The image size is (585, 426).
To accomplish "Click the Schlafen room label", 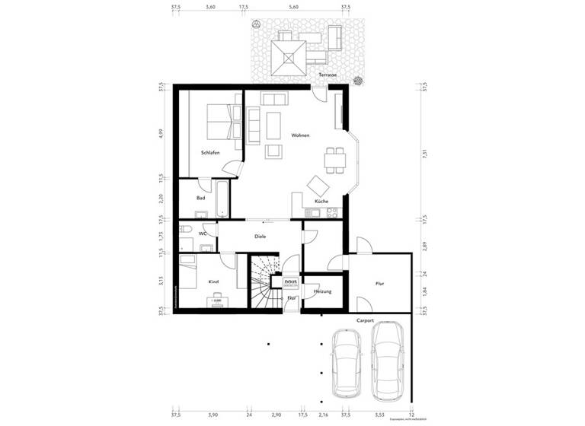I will [x=210, y=153].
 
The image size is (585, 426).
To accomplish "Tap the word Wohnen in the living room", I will [x=300, y=135].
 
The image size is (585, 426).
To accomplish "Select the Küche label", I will [x=321, y=202].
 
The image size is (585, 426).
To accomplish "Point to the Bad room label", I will [x=200, y=198].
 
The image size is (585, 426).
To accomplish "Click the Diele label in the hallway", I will [x=260, y=237].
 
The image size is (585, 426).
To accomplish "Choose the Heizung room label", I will [x=322, y=291].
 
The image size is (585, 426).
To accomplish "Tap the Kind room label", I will [x=214, y=282].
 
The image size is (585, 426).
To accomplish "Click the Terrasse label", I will [x=329, y=75].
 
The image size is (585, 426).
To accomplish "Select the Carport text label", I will [x=365, y=321].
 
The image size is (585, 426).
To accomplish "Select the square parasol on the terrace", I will [x=289, y=55].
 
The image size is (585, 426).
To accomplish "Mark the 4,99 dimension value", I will [x=161, y=135].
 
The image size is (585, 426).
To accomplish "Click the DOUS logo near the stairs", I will [x=290, y=282].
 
